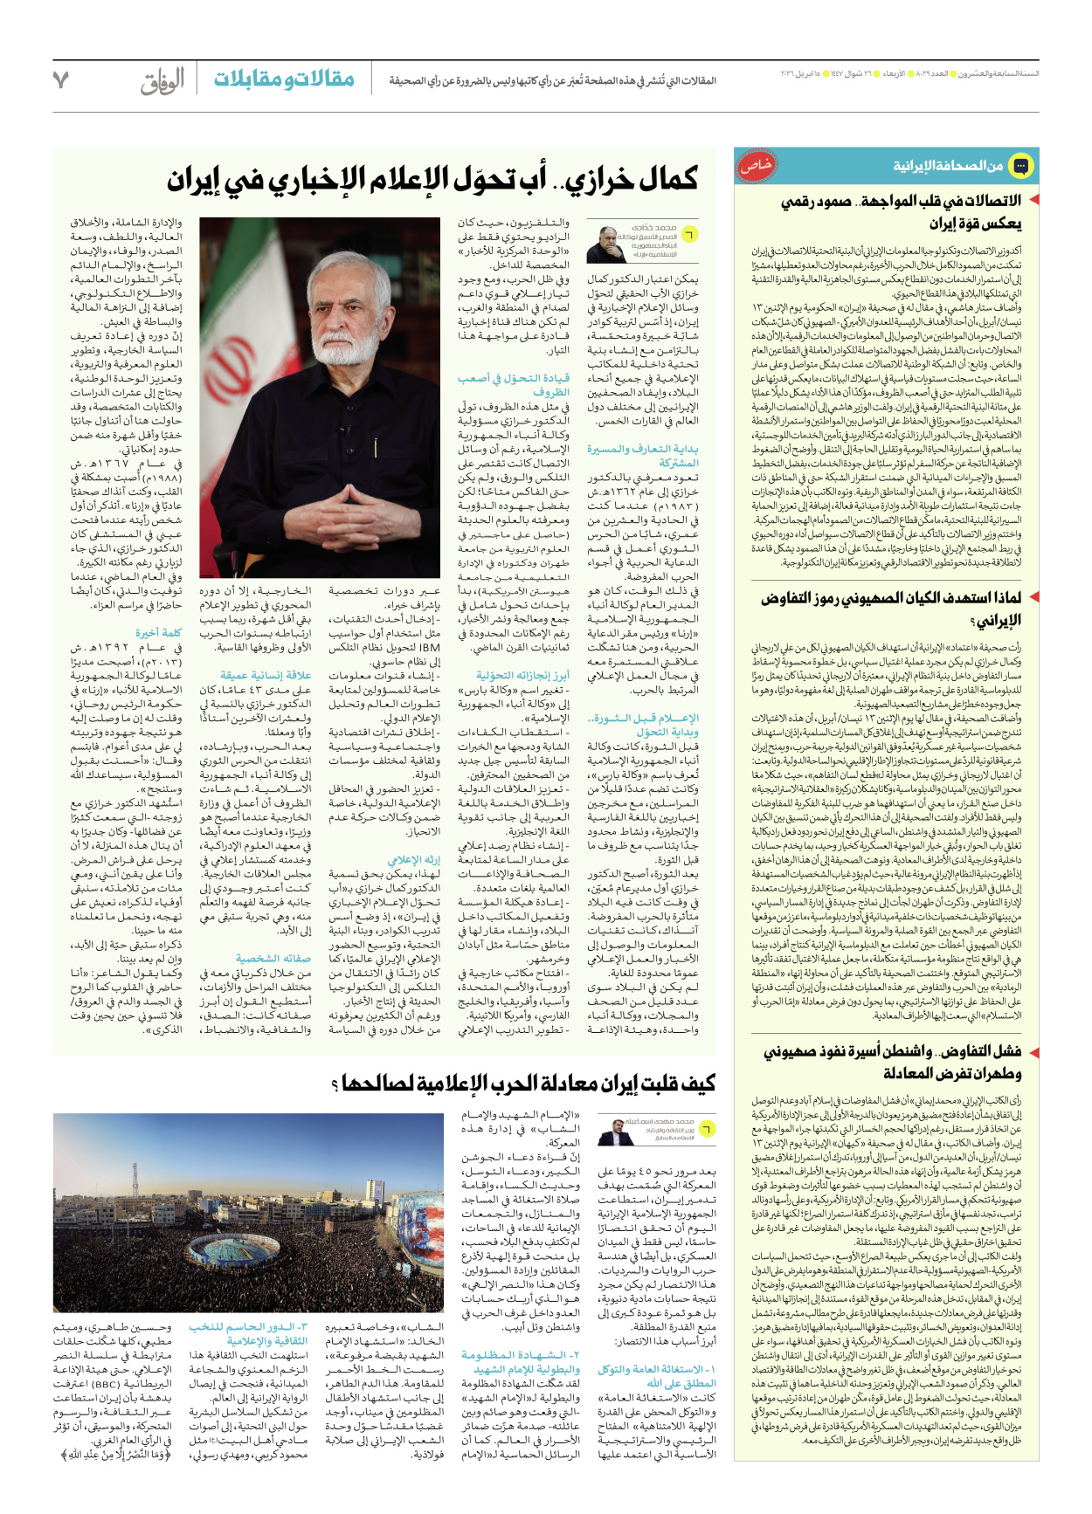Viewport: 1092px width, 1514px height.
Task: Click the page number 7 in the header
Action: pos(60,80)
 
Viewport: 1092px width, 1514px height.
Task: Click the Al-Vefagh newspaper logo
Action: pos(163,80)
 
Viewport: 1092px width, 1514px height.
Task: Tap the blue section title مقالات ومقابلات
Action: pos(284,79)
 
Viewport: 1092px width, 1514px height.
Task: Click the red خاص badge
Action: pos(755,166)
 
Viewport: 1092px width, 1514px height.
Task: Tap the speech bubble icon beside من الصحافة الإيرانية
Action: pos(1020,165)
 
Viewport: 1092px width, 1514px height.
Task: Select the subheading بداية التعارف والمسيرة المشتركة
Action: pos(643,456)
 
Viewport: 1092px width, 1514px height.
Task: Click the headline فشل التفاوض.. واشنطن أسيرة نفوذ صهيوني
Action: pos(891,1062)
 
